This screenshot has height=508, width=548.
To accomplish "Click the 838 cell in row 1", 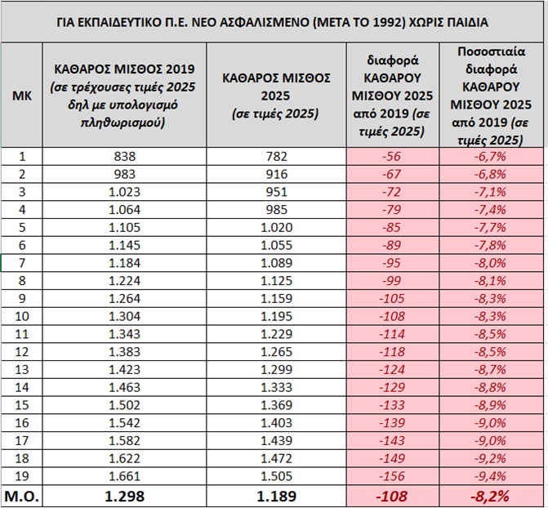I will click(x=122, y=158).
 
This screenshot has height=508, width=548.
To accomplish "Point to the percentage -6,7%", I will click(x=492, y=158).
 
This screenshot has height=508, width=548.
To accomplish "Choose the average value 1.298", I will click(x=122, y=495).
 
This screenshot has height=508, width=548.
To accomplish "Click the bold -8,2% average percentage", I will click(x=492, y=495).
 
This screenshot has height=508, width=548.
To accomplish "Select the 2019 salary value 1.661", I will click(x=122, y=476).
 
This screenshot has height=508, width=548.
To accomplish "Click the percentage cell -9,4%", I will click(x=492, y=476).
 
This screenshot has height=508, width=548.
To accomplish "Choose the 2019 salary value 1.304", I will click(x=122, y=317).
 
